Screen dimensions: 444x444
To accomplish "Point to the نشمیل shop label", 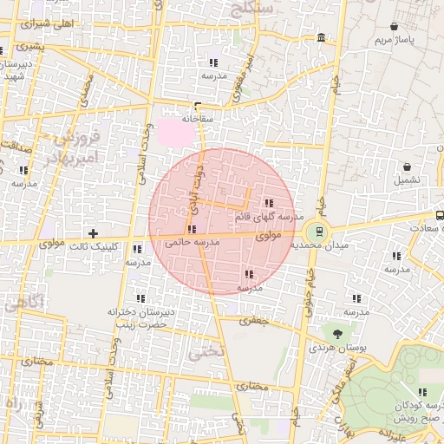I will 407,180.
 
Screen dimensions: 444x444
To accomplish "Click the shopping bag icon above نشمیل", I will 407,166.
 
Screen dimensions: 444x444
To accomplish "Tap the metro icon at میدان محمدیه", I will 318,232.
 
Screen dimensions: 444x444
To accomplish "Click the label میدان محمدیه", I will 317,246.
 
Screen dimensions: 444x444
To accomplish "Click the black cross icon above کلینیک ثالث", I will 93,233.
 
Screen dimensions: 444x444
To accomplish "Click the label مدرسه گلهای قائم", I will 268,217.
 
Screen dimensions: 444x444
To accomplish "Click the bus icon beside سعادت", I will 440,214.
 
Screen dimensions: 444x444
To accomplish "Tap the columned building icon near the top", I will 322,38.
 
